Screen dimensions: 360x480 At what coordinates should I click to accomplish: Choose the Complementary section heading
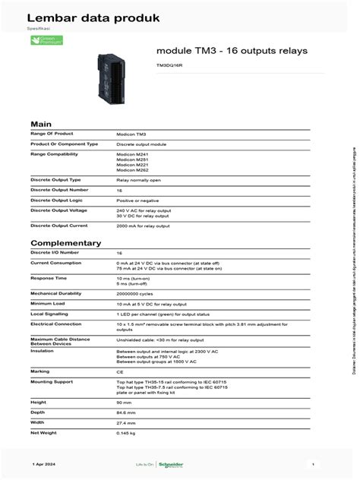65,243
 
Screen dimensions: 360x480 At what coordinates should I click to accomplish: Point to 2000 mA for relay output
143,226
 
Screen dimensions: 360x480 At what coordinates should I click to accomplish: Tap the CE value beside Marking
119,371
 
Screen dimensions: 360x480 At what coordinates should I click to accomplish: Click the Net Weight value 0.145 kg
126,433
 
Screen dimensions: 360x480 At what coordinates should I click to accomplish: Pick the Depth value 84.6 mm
126,412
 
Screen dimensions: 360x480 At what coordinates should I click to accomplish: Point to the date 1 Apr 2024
45,463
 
